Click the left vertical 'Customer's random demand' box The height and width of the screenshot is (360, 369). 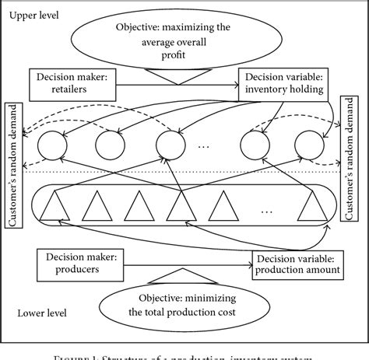(14, 164)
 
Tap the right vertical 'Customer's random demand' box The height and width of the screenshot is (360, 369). (356, 164)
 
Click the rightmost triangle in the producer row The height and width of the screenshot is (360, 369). (315, 207)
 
